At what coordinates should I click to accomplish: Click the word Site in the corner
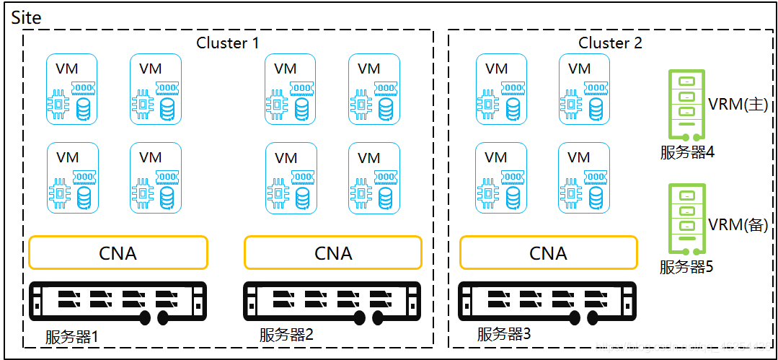click(x=27, y=17)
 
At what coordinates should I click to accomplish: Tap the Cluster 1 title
click(x=227, y=43)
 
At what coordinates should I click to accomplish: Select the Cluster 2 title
click(x=610, y=43)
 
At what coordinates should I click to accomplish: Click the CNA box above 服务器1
click(x=118, y=253)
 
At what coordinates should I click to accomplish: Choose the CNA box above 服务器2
click(x=333, y=253)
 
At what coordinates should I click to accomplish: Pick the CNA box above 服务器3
click(x=548, y=253)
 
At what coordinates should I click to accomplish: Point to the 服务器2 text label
click(x=287, y=335)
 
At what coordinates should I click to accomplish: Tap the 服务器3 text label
click(x=504, y=334)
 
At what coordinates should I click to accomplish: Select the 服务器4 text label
click(x=687, y=152)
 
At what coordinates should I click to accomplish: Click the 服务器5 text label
click(x=686, y=267)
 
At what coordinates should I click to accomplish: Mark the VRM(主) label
click(x=738, y=105)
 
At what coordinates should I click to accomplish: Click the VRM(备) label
click(x=738, y=224)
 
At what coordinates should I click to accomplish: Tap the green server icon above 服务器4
click(x=687, y=103)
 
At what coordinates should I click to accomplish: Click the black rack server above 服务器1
click(x=118, y=302)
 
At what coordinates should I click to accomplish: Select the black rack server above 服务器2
click(x=332, y=302)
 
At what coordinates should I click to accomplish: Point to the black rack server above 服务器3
click(x=548, y=302)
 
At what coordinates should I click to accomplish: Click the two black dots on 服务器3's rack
click(x=585, y=318)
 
